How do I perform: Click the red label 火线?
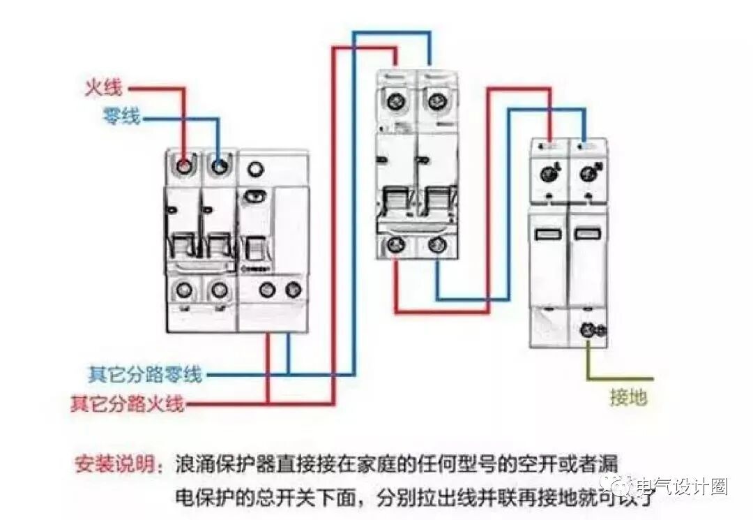(103, 88)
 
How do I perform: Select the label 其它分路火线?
(127, 403)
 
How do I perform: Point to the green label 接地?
(628, 398)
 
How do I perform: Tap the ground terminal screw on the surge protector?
(589, 330)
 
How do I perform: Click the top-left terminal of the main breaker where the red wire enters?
(184, 167)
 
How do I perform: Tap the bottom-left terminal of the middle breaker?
(397, 245)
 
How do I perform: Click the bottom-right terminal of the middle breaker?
(437, 245)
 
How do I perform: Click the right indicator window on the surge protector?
(588, 234)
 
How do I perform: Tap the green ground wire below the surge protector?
(589, 363)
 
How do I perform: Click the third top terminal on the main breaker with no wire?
(256, 168)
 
